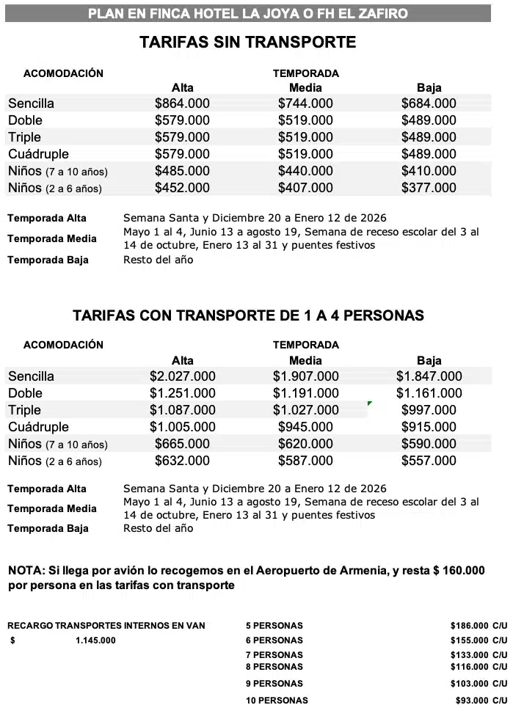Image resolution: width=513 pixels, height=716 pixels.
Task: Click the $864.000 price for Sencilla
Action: pyautogui.click(x=182, y=103)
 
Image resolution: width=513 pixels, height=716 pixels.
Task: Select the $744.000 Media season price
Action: pyautogui.click(x=305, y=103)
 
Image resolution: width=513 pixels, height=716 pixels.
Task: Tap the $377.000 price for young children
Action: pyautogui.click(x=429, y=188)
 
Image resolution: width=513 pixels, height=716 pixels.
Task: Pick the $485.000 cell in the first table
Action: pyautogui.click(x=182, y=171)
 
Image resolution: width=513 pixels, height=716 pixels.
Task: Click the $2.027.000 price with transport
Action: pyautogui.click(x=182, y=376)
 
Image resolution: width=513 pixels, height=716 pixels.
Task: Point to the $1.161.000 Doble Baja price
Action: pyautogui.click(x=429, y=393)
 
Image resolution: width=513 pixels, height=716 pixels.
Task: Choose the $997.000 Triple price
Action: pyautogui.click(x=429, y=410)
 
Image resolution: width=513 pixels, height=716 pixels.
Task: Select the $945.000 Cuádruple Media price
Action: pyautogui.click(x=305, y=427)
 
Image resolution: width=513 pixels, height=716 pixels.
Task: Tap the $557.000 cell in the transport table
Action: pyautogui.click(x=429, y=461)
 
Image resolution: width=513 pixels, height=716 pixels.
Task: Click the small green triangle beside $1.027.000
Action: pyautogui.click(x=369, y=403)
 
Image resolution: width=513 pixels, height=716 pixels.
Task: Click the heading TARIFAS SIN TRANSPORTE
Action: pyautogui.click(x=248, y=43)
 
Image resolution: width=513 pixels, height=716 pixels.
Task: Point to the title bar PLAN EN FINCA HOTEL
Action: pyautogui.click(x=248, y=13)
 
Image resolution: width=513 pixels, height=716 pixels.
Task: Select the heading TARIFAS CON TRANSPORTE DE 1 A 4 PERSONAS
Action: pyautogui.click(x=248, y=315)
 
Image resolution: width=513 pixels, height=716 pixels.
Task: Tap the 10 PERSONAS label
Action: pyautogui.click(x=277, y=701)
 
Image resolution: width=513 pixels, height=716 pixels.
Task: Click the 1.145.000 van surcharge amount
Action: pyautogui.click(x=95, y=640)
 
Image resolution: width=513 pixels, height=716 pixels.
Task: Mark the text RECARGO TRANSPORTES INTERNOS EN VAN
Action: pyautogui.click(x=106, y=626)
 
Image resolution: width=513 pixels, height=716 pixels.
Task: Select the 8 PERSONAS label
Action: pyautogui.click(x=274, y=667)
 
